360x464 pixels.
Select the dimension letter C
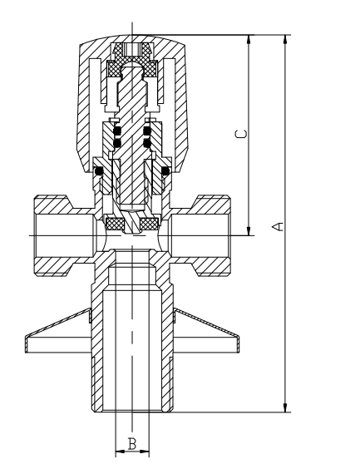coord(240,135)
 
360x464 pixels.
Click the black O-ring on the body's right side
coord(165,171)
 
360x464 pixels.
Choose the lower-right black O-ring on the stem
coord(146,143)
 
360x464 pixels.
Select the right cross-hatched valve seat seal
coord(150,224)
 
